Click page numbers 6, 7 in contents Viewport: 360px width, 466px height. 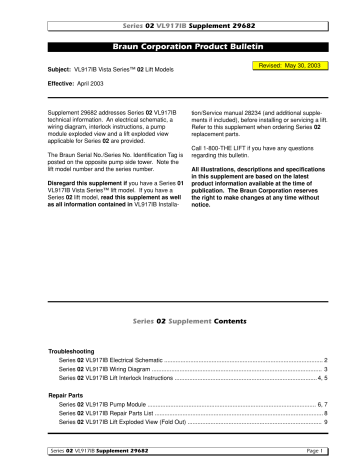pos(323,409)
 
